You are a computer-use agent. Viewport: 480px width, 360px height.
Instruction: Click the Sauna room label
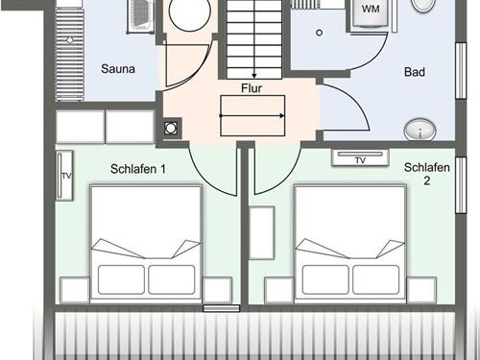(118, 69)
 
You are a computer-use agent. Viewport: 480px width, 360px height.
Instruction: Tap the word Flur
(252, 88)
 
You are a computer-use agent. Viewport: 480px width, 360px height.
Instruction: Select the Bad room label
(415, 72)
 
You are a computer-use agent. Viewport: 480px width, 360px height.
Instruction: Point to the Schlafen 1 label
(138, 169)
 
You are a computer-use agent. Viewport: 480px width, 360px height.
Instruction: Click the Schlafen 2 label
(427, 174)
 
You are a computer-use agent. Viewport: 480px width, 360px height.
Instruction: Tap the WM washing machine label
(371, 9)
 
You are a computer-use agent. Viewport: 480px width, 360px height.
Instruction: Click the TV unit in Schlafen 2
(360, 157)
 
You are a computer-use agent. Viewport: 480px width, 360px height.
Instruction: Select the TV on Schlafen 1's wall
(64, 176)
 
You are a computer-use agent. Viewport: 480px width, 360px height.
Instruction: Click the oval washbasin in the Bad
(420, 130)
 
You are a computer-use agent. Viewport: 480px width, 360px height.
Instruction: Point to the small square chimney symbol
(171, 129)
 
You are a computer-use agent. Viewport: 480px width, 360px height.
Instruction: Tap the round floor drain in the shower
(319, 33)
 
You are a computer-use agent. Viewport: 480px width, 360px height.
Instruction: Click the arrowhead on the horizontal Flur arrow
(282, 115)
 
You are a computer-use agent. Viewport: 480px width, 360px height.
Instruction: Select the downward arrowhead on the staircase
(254, 76)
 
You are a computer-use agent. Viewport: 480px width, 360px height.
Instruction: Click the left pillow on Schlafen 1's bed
(121, 279)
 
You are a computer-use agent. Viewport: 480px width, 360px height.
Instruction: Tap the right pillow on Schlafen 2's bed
(376, 279)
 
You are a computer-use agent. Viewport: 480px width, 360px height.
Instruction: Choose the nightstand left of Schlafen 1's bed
(75, 290)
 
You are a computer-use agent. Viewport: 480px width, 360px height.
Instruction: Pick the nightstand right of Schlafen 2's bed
(421, 290)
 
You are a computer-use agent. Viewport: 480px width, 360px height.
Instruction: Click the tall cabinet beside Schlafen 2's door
(261, 232)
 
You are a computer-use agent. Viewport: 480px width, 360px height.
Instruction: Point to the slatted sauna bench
(70, 54)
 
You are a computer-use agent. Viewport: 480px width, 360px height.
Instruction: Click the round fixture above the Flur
(190, 14)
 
